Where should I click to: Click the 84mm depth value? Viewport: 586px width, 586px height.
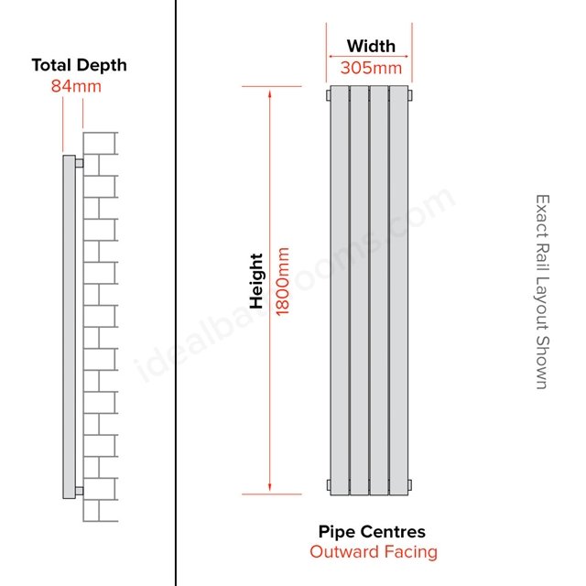coord(76,86)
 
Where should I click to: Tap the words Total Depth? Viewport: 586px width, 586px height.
coord(80,65)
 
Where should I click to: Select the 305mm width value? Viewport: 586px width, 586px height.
coord(371,68)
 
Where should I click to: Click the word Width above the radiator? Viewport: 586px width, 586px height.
coord(371,47)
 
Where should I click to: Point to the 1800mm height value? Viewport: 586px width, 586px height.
coord(283,281)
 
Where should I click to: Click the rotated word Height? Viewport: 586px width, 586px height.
coord(256,281)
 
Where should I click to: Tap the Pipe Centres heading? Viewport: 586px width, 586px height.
coord(372,532)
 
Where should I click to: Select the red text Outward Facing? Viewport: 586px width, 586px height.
coord(374,552)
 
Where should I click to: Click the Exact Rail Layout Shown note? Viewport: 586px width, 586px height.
coord(542,292)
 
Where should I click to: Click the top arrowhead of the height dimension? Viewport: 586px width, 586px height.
coord(269,92)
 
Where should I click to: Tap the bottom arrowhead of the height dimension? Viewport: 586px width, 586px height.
coord(269,488)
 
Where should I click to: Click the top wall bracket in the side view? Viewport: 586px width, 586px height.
coord(80,163)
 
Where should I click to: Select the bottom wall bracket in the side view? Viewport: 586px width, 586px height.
coord(80,491)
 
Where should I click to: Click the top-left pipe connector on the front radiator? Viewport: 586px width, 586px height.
coord(329,95)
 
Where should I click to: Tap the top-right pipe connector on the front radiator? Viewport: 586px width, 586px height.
coord(410,95)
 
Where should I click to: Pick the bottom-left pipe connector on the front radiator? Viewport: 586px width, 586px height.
coord(329,485)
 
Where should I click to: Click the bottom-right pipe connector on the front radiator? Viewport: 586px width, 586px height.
coord(410,485)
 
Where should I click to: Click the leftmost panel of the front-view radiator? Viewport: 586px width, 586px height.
coord(340,290)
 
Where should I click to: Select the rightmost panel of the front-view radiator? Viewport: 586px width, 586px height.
coord(399,290)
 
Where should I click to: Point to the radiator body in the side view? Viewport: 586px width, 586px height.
coord(70,327)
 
